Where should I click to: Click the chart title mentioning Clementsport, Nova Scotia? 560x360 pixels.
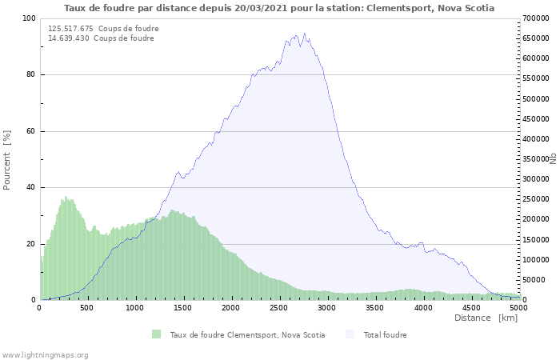click(x=279, y=8)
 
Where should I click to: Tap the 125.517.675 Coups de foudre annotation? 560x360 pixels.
click(x=103, y=29)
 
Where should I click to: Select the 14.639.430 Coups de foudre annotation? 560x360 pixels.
click(x=101, y=38)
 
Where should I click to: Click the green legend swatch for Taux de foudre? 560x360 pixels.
click(x=156, y=334)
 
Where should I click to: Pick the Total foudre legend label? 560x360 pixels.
click(x=385, y=334)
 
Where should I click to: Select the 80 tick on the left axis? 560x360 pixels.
click(x=30, y=75)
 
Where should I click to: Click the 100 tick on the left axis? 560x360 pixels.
click(x=29, y=18)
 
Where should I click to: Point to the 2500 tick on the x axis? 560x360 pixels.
click(x=279, y=307)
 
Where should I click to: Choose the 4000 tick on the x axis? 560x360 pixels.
click(x=423, y=307)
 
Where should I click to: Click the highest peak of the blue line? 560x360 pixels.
click(x=304, y=34)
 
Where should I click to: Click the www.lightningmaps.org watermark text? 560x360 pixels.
click(x=45, y=354)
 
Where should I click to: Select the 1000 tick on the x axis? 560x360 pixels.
click(x=135, y=307)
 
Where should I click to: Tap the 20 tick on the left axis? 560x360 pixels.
click(x=30, y=244)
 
